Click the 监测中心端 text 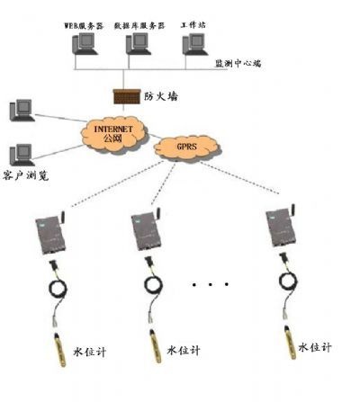238,64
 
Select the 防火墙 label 159,94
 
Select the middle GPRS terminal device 144,236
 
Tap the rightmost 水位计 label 315,346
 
